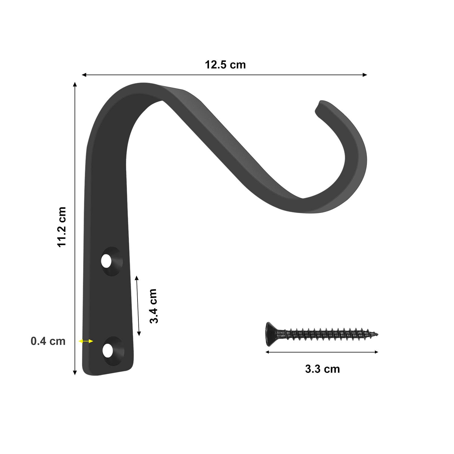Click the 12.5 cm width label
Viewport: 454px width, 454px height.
pyautogui.click(x=225, y=65)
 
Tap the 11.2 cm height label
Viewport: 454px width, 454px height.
pyautogui.click(x=62, y=227)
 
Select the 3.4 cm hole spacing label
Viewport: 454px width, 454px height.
pyautogui.click(x=153, y=306)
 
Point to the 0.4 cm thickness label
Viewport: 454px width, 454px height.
pyautogui.click(x=48, y=341)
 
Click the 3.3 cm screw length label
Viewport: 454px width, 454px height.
pyautogui.click(x=322, y=369)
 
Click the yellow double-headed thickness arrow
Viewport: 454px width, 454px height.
pyautogui.click(x=86, y=341)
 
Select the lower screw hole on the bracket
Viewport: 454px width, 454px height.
pyautogui.click(x=107, y=350)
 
